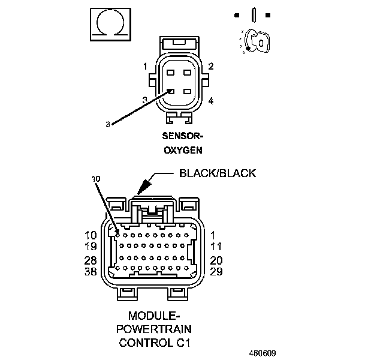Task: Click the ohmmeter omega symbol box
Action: pyautogui.click(x=109, y=24)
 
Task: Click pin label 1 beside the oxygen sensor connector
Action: pyautogui.click(x=145, y=65)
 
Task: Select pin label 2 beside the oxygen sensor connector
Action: pyautogui.click(x=211, y=65)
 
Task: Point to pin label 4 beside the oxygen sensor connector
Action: pyautogui.click(x=211, y=100)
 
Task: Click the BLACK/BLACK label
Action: pyautogui.click(x=218, y=173)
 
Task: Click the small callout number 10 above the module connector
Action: pyautogui.click(x=96, y=179)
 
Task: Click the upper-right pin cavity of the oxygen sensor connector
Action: pyautogui.click(x=188, y=73)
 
